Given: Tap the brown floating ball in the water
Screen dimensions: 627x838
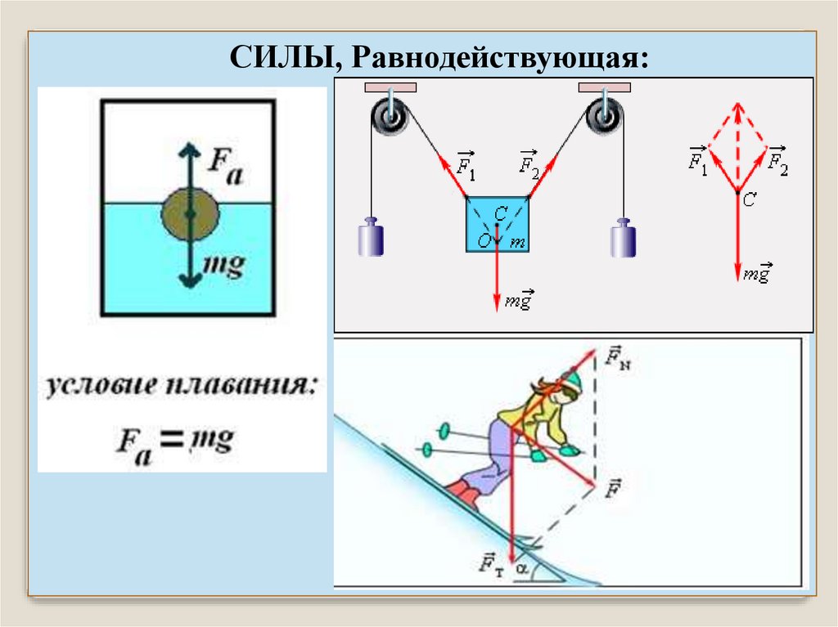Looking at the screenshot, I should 190,215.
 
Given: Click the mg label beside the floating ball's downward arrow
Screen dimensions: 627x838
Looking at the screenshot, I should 223,266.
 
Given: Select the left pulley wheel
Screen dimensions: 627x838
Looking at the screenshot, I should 389,117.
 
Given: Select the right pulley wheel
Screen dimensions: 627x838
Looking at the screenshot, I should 605,117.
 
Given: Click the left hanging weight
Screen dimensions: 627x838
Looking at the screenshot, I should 371,238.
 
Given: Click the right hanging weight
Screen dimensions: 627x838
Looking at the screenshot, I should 624,238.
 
